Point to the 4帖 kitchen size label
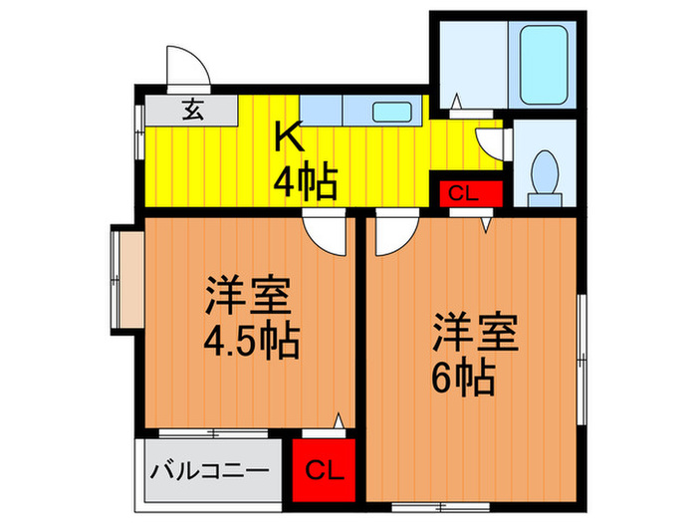(306, 182)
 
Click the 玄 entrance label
(190, 111)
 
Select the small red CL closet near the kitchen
(466, 193)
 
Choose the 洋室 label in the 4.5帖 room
(248, 297)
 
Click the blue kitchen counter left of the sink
(321, 110)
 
